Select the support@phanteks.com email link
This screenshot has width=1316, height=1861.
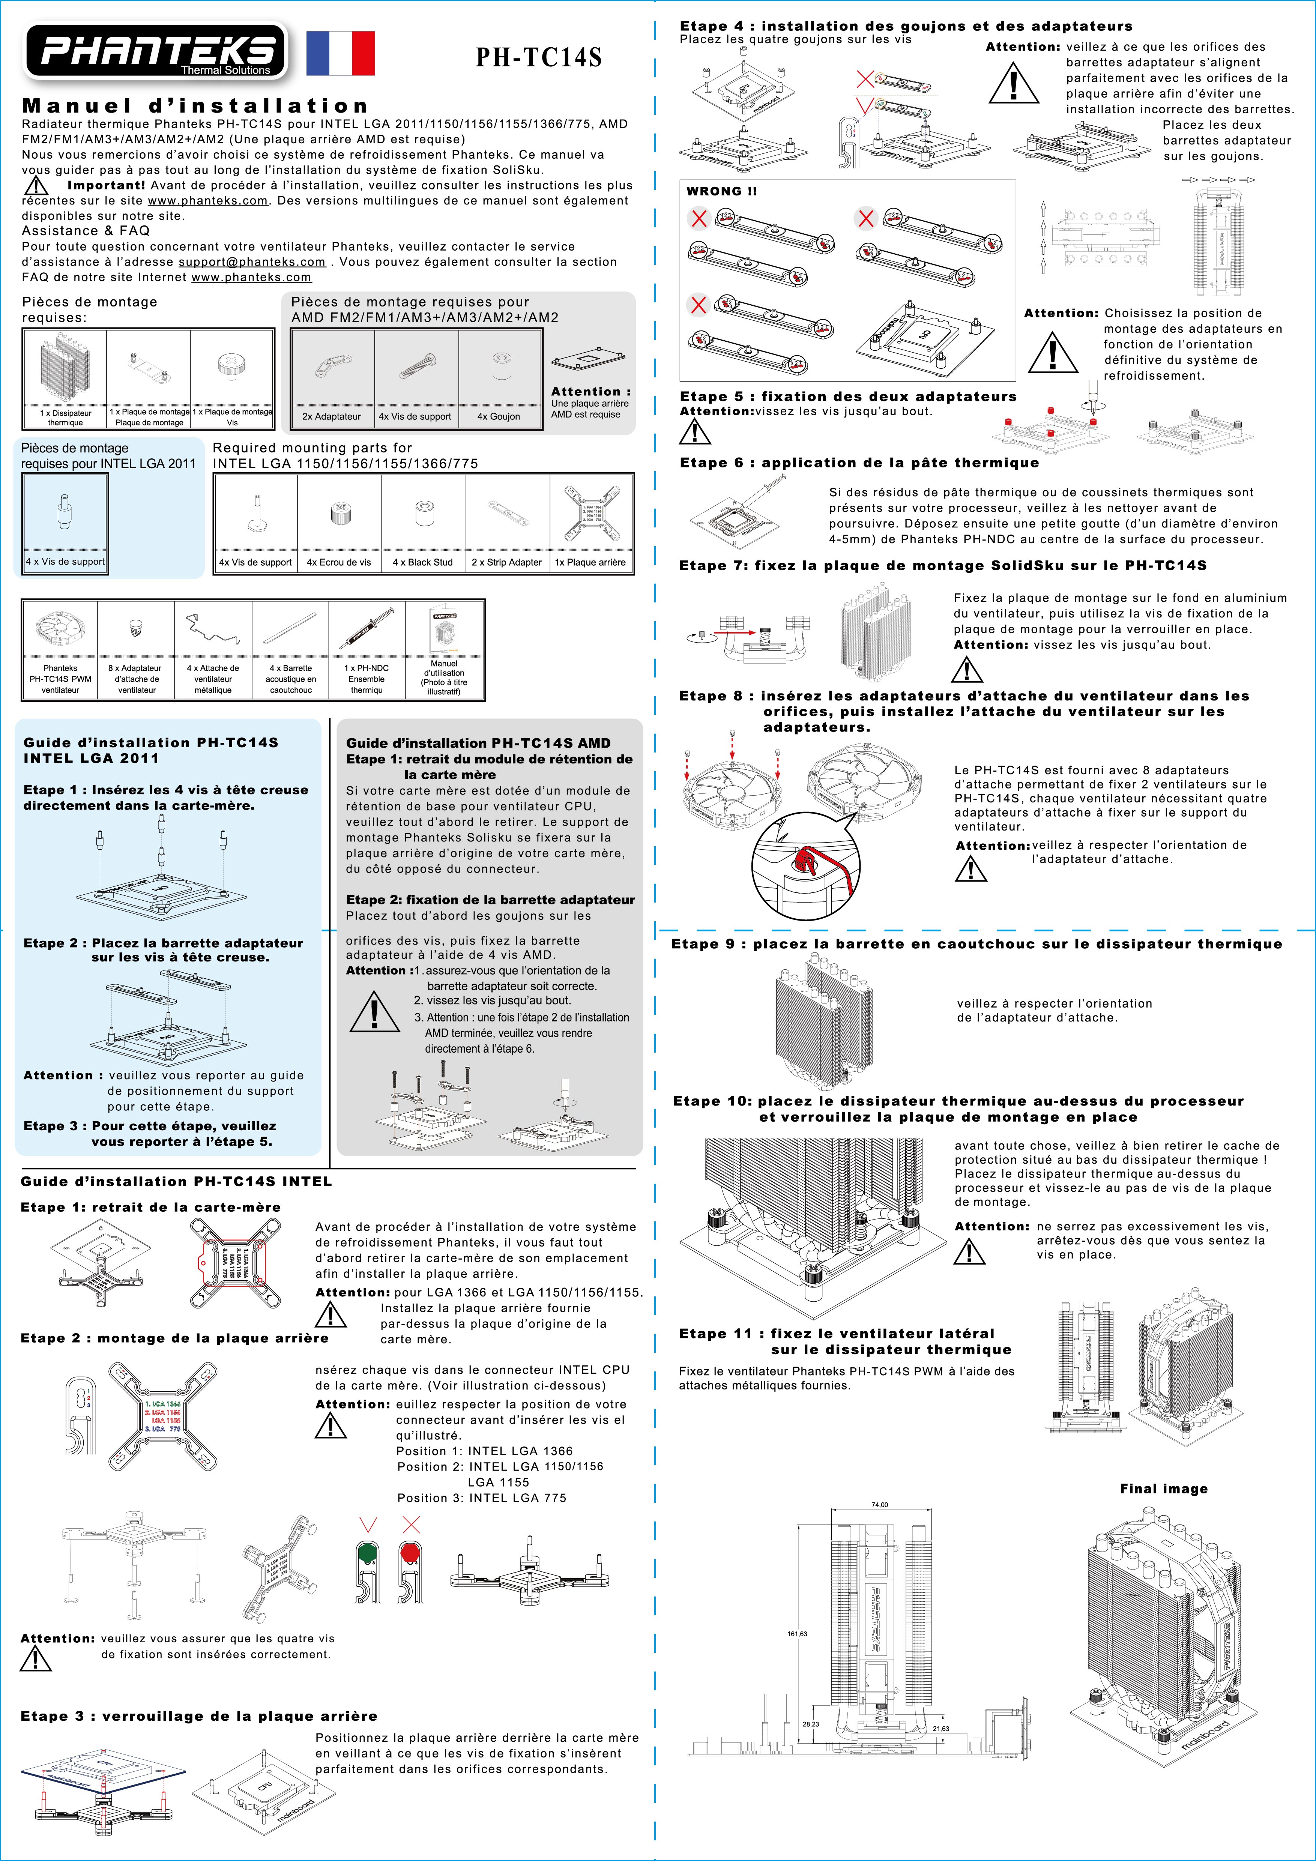pyautogui.click(x=252, y=262)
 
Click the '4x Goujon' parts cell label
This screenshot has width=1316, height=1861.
pyautogui.click(x=498, y=417)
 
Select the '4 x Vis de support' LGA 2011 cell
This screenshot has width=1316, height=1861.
pyautogui.click(x=65, y=561)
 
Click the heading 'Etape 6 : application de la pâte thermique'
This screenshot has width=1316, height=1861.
pyautogui.click(x=859, y=463)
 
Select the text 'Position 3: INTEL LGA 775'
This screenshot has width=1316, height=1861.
pyautogui.click(x=481, y=1498)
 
